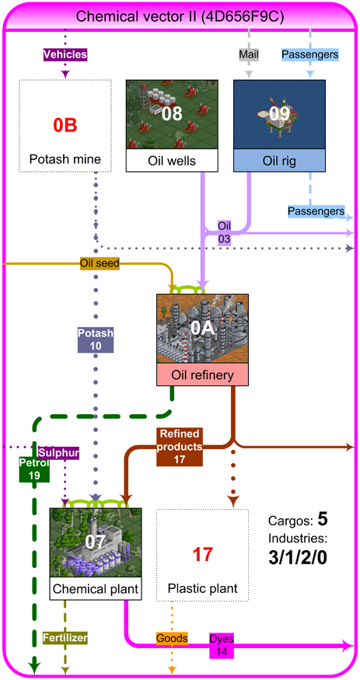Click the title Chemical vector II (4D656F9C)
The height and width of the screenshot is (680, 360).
click(180, 17)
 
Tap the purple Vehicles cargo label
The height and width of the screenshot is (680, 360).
click(65, 54)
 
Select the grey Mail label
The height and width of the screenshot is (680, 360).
click(249, 54)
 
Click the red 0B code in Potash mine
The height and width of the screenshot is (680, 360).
click(65, 125)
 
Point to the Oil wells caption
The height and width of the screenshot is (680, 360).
click(172, 160)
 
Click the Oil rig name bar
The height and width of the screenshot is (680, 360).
click(279, 160)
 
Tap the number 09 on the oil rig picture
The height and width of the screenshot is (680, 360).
click(279, 113)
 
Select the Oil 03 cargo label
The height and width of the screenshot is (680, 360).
click(225, 232)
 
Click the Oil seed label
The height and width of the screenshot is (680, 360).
click(100, 263)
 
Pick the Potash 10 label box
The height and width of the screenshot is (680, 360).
click(95, 340)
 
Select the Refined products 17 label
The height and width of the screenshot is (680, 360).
click(180, 447)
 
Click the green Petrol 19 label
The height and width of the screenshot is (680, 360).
click(34, 469)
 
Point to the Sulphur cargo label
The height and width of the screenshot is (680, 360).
click(59, 453)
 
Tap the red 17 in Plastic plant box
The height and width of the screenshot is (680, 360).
click(202, 555)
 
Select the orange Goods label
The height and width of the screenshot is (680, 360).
click(172, 638)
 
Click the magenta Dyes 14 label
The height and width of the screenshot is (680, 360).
click(222, 644)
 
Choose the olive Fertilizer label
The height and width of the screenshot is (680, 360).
click(65, 638)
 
